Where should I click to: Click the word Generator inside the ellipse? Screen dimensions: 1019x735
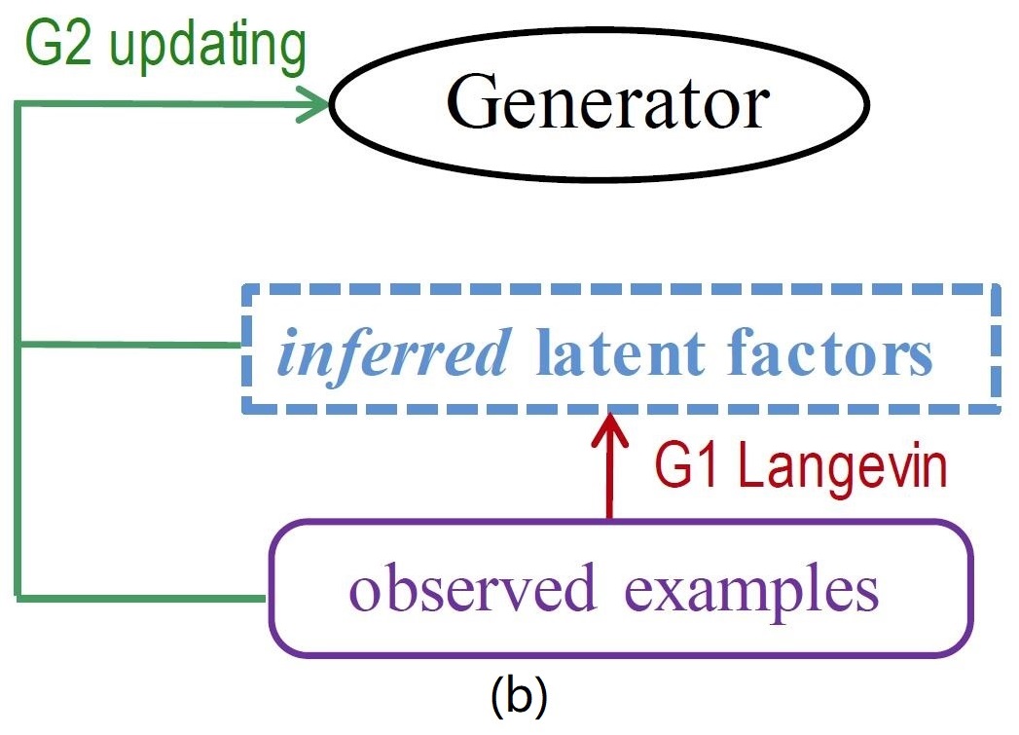pos(607,102)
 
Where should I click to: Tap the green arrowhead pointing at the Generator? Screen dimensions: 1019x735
pos(315,104)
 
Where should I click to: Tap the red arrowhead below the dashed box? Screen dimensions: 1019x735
pos(609,429)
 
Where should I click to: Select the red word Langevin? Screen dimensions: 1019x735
pos(843,469)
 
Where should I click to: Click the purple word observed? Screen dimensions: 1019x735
pos(472,587)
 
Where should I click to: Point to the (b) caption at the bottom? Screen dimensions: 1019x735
pos(519,696)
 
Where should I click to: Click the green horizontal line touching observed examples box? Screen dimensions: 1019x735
pos(142,598)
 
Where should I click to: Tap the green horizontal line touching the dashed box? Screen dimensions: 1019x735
pos(130,344)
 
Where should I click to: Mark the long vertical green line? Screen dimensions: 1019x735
pos(18,349)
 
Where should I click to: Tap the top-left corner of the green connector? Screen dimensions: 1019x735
pos(18,104)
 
